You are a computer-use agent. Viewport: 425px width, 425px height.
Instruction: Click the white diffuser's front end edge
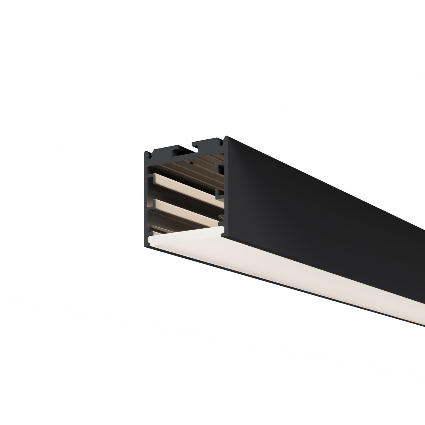[x=181, y=240]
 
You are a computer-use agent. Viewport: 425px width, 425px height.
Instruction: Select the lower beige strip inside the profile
[x=184, y=210]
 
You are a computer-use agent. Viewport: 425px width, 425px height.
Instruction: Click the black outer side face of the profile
[x=312, y=212]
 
